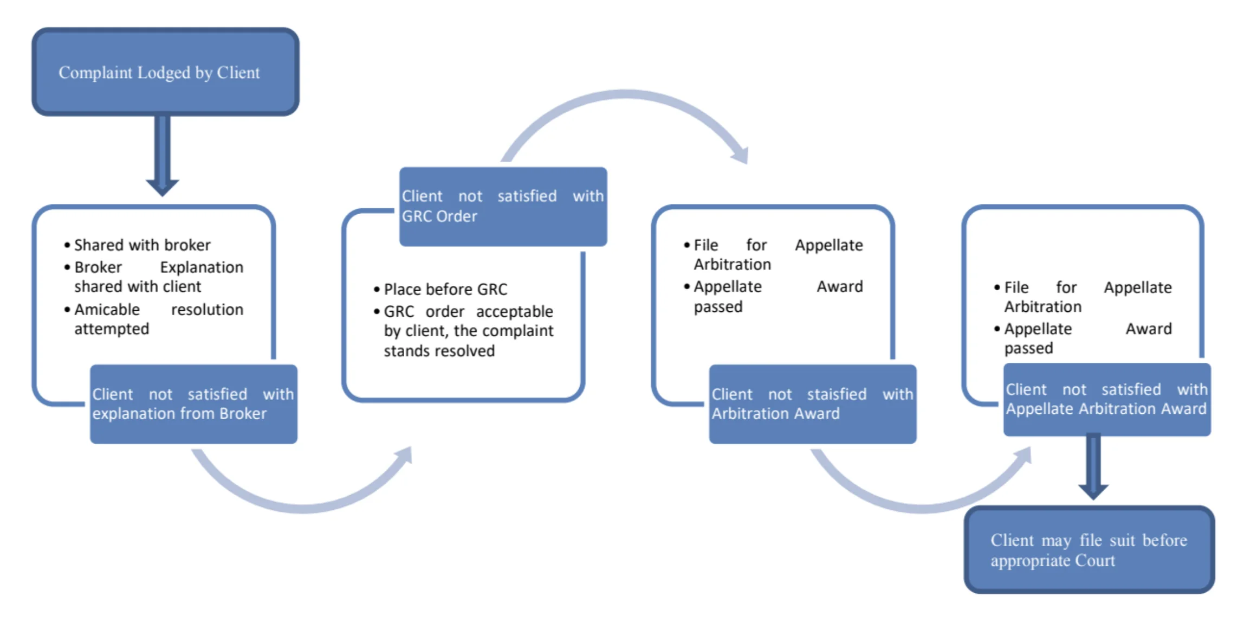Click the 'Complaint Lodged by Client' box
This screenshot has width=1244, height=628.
[x=165, y=72]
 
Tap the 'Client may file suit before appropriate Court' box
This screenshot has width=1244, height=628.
[x=1088, y=550]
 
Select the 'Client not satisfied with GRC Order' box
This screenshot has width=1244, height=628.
[x=503, y=207]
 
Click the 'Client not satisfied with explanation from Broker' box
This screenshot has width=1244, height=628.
[x=193, y=404]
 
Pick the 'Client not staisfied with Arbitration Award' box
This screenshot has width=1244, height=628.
[x=812, y=404]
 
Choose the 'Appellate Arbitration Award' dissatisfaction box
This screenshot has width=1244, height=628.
[x=1106, y=400]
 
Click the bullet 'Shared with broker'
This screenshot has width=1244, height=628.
[x=142, y=245]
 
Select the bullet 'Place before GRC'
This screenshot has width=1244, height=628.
[x=445, y=290]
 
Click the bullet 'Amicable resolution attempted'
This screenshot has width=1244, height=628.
[x=159, y=319]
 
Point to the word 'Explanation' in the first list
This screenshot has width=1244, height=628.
[x=202, y=267]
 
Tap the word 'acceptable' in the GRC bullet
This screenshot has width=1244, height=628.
[x=514, y=312]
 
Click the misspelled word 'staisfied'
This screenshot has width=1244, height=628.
[x=837, y=394]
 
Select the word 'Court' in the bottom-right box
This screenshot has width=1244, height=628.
[x=1095, y=561]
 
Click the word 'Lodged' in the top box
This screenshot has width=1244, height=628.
[x=164, y=73]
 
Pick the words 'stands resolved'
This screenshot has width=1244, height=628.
[x=439, y=351]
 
